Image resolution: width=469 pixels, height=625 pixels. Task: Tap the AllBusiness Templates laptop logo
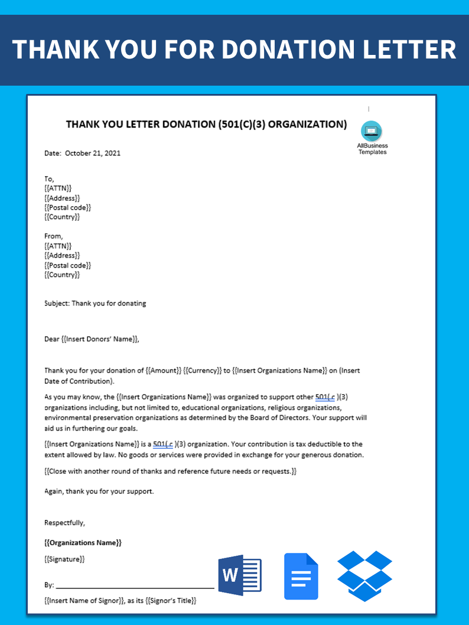372,131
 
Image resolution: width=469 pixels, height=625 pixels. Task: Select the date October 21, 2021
93,153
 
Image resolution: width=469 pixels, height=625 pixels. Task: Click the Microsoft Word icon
239,575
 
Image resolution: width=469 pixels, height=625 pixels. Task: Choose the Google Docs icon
301,576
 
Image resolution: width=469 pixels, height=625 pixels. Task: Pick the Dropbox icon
364,575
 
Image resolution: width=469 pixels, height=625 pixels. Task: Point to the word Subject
57,303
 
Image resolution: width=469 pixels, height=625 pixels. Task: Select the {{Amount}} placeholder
164,370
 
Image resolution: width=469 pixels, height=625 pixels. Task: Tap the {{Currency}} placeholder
202,370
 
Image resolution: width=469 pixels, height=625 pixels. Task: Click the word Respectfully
64,522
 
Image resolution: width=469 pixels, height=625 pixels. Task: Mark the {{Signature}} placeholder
64,559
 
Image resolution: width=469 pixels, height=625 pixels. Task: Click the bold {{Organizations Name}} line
83,542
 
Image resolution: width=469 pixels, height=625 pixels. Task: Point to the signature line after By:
135,587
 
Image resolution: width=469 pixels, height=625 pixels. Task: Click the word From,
53,236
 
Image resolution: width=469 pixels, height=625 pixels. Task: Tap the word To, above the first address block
49,178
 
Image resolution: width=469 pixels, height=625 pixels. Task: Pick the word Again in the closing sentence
54,491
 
